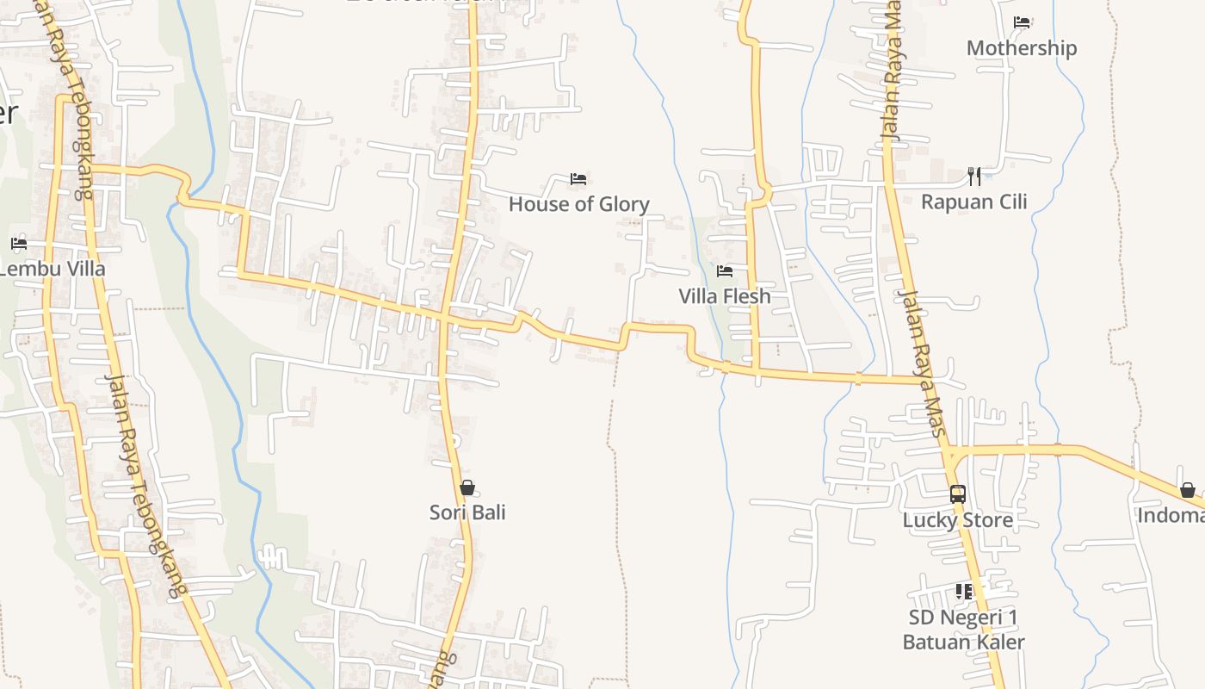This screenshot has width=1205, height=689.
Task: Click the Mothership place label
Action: (x=1021, y=48)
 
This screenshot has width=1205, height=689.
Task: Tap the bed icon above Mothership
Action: (x=1022, y=22)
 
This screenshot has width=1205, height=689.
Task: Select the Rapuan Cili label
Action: (x=973, y=202)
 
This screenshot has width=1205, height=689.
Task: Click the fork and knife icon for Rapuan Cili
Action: (x=974, y=176)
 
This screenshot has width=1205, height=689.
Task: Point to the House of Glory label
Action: (x=578, y=204)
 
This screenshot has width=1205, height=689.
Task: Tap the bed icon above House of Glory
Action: (x=578, y=178)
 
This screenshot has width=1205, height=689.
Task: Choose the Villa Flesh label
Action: (x=725, y=296)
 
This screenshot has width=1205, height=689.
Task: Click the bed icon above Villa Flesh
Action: (x=725, y=270)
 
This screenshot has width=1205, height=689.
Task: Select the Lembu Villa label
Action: (x=52, y=269)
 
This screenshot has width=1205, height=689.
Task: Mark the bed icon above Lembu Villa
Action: (x=19, y=244)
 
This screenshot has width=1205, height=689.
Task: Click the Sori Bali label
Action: (x=467, y=513)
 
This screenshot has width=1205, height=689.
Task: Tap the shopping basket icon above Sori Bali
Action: (x=467, y=487)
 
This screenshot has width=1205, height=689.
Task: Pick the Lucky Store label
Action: (x=957, y=520)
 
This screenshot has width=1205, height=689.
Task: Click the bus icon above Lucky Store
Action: (x=957, y=493)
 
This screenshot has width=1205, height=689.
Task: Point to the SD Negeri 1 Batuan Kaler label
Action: (x=963, y=630)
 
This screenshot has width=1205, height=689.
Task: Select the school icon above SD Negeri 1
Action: (x=963, y=591)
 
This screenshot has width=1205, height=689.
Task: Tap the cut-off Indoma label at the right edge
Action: (x=1171, y=516)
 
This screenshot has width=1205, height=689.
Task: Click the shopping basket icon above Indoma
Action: (x=1188, y=490)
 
